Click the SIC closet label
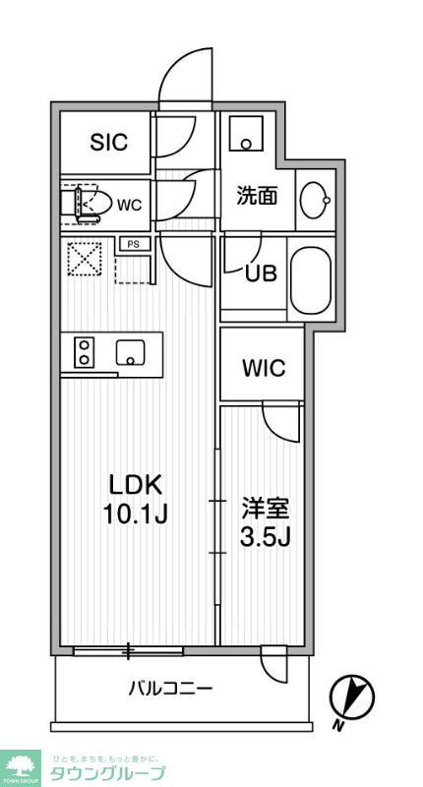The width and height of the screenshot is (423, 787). pyautogui.click(x=108, y=143)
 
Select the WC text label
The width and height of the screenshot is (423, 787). pyautogui.click(x=130, y=205)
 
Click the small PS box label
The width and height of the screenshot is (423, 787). pyautogui.click(x=131, y=243)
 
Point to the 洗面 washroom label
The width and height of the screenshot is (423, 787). pyautogui.click(x=257, y=195)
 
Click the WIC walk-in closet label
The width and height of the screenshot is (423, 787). pyautogui.click(x=264, y=369)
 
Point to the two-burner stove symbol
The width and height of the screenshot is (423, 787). pyautogui.click(x=84, y=352)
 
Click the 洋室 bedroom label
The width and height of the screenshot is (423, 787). pyautogui.click(x=266, y=509)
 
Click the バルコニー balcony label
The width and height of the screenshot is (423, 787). pyautogui.click(x=170, y=688)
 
